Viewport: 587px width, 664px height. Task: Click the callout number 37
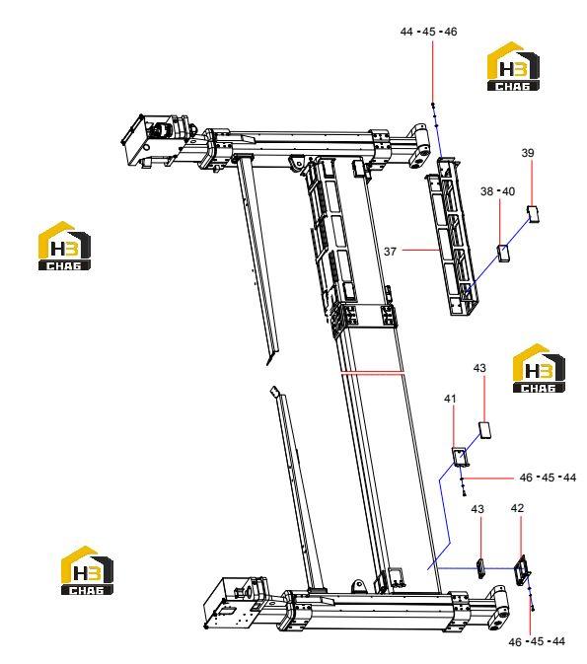point(390,252)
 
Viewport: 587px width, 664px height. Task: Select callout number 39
point(527,153)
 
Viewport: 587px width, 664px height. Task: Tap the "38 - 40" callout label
point(497,191)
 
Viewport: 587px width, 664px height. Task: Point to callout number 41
point(450,399)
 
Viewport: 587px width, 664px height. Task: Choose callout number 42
point(517,508)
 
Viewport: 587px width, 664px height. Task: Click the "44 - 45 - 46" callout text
point(428,32)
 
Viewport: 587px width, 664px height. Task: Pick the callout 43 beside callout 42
point(477,508)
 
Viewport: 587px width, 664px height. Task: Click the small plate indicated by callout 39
point(533,213)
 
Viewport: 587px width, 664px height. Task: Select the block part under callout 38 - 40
point(503,253)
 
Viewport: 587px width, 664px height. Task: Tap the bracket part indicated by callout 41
point(460,457)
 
